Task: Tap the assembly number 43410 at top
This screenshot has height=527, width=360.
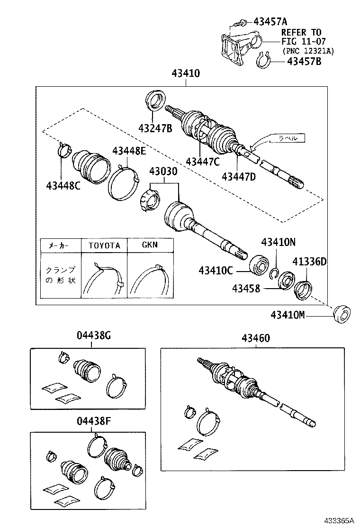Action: (x=186, y=74)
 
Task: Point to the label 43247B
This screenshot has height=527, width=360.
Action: (x=155, y=128)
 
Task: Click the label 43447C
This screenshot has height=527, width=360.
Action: (x=203, y=162)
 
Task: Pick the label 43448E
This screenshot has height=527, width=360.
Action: (x=129, y=151)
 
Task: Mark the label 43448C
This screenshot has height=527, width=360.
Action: (x=63, y=185)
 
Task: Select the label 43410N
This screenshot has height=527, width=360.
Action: (x=279, y=242)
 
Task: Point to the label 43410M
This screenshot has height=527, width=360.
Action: (x=294, y=314)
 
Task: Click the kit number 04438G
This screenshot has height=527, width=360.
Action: (x=94, y=336)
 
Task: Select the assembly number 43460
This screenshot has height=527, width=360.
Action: (x=256, y=338)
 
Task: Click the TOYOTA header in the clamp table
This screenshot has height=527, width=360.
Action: (x=105, y=245)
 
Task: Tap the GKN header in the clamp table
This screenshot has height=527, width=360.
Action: (x=150, y=245)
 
